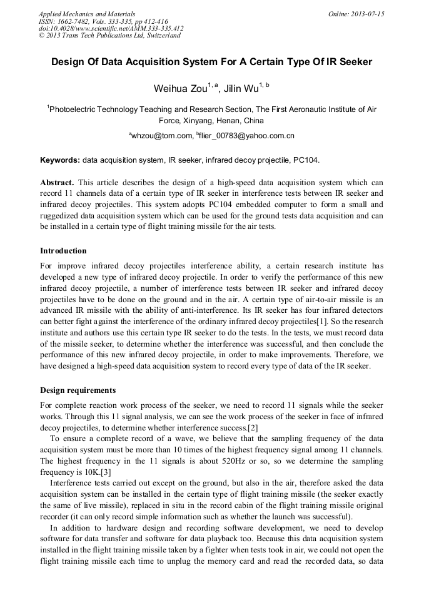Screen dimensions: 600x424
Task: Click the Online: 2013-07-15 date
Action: click(x=356, y=14)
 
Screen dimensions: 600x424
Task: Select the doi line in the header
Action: click(x=111, y=28)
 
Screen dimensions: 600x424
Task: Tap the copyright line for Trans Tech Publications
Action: click(x=109, y=36)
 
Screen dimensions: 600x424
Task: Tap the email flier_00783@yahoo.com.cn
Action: click(x=247, y=135)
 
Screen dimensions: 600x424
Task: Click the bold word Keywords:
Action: click(x=60, y=160)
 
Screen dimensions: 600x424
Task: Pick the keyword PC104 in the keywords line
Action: click(x=306, y=160)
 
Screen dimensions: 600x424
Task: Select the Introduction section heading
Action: click(x=63, y=251)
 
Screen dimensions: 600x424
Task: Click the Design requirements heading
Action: click(x=78, y=390)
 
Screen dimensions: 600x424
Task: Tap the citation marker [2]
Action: click(x=252, y=428)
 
